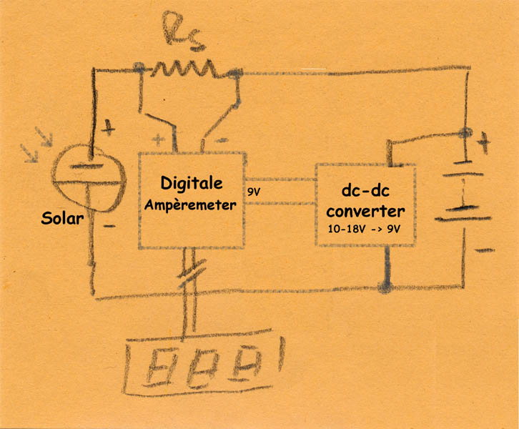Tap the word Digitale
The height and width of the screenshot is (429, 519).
(x=191, y=184)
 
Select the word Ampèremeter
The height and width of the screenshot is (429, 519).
(x=191, y=204)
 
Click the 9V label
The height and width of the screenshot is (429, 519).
(x=254, y=192)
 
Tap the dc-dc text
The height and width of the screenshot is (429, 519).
(x=364, y=192)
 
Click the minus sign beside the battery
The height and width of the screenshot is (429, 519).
(x=485, y=250)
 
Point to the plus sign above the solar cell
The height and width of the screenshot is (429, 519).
(x=108, y=130)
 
